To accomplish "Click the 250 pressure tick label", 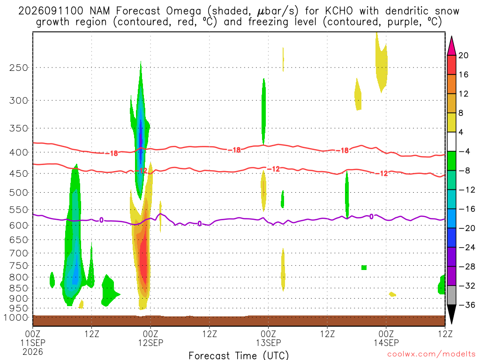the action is click(x=19, y=67).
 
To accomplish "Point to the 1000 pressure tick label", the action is click(x=16, y=318).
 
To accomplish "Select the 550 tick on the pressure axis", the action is click(x=19, y=210).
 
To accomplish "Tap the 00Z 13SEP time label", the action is click(x=269, y=338).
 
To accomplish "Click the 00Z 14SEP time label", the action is click(x=386, y=338).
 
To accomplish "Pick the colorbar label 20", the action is click(x=464, y=55).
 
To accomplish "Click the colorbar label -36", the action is click(x=467, y=305).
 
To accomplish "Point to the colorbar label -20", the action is click(x=467, y=228).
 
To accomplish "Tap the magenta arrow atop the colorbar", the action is click(x=451, y=46).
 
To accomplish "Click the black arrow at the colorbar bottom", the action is click(x=451, y=314).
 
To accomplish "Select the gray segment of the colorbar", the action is click(x=451, y=295).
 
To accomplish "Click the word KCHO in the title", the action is click(x=339, y=11).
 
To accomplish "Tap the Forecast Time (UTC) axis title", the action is click(x=239, y=355).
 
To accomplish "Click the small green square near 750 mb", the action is click(x=364, y=268).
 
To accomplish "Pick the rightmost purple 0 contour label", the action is click(x=371, y=217).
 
